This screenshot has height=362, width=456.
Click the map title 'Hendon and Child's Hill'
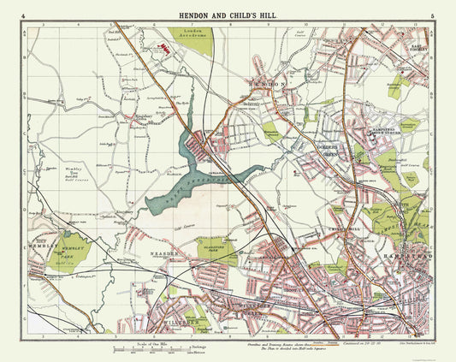point(228,15)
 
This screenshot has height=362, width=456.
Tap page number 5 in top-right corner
point(435,15)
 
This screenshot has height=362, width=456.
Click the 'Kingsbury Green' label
point(119,114)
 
